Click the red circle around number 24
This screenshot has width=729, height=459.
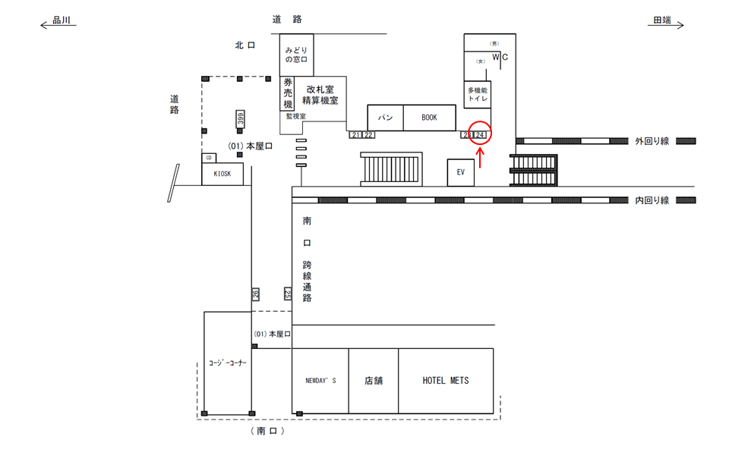click(x=480, y=134)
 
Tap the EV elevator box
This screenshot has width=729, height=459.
click(x=460, y=172)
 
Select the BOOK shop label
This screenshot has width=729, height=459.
click(x=429, y=118)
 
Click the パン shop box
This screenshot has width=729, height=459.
click(x=385, y=118)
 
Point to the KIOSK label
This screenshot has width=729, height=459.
click(x=222, y=174)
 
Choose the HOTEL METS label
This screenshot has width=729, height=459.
click(x=446, y=380)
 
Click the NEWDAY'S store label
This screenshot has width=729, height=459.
click(x=320, y=381)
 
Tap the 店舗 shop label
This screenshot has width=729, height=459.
click(x=373, y=380)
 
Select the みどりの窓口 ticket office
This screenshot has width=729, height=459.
click(x=296, y=54)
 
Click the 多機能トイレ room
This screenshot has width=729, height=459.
click(x=478, y=95)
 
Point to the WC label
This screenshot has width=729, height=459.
click(x=500, y=57)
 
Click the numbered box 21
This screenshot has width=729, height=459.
click(x=356, y=135)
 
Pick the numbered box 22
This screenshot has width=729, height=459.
click(x=368, y=135)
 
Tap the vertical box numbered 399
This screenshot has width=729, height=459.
click(x=240, y=119)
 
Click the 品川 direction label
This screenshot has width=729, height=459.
click(x=62, y=21)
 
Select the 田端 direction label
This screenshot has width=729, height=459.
click(x=662, y=21)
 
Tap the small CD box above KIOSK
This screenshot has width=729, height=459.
click(x=209, y=158)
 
